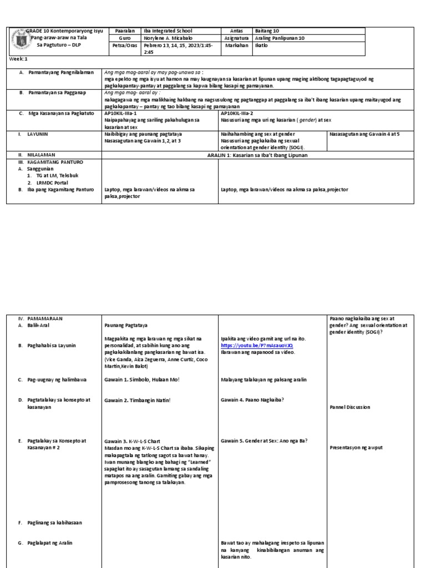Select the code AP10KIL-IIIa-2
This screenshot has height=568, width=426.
[237, 112]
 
